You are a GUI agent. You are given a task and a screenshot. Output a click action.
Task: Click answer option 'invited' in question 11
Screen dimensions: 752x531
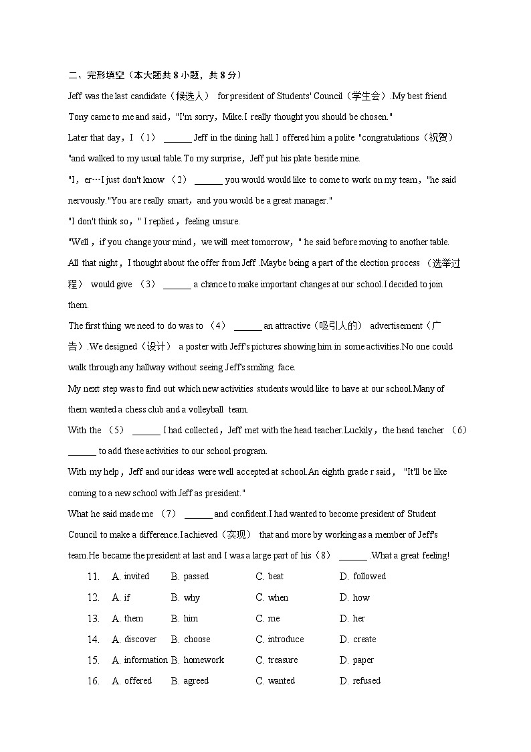(136, 577)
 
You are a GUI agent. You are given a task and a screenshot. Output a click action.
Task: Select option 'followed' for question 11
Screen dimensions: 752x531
(369, 577)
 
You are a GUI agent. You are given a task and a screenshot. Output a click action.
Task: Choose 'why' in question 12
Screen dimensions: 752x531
(191, 597)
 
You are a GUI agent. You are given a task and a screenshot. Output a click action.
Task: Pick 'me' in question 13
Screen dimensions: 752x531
(274, 619)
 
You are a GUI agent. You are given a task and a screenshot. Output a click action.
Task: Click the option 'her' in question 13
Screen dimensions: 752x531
(359, 619)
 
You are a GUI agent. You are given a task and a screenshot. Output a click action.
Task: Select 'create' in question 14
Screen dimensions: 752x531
(364, 640)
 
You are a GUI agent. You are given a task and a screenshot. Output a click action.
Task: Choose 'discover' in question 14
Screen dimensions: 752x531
(140, 640)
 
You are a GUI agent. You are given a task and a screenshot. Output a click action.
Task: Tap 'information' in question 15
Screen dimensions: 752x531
(146, 660)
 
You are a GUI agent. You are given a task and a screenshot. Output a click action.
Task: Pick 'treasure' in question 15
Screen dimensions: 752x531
(283, 660)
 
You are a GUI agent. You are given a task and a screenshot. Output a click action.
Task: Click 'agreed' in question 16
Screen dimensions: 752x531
(196, 681)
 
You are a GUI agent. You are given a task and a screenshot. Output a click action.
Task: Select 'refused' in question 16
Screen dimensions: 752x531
(366, 681)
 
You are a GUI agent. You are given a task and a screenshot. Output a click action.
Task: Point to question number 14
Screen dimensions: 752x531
(93, 640)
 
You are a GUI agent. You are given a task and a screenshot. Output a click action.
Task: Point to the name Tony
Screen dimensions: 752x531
(79, 117)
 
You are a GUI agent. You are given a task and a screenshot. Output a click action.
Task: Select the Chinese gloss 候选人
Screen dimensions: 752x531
(191, 96)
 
